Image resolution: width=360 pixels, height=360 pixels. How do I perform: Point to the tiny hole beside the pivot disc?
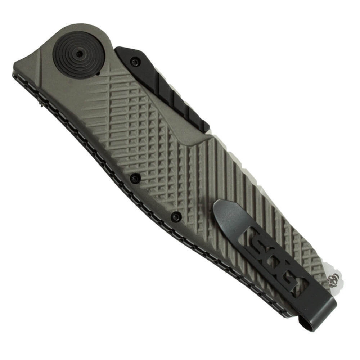tap(98, 73)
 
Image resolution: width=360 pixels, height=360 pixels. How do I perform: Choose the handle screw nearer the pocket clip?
tap(176, 216)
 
